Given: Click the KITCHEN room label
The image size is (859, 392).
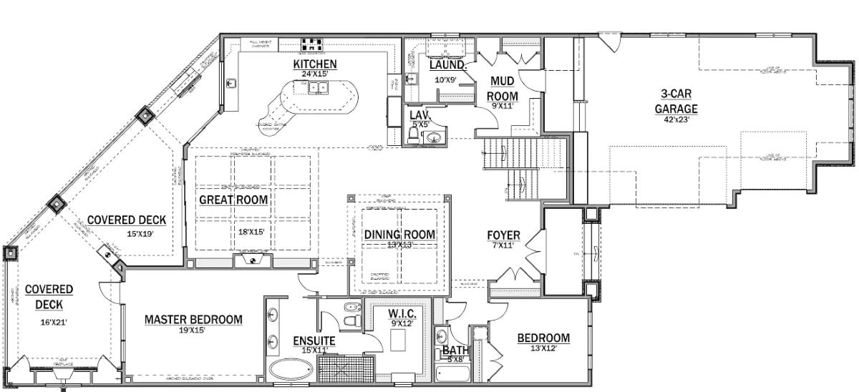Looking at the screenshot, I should (314, 64).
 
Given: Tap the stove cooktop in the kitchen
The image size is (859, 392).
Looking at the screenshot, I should (312, 44).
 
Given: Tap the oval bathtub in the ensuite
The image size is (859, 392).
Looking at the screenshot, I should (291, 371).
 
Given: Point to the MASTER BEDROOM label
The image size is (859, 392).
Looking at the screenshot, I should (193, 319).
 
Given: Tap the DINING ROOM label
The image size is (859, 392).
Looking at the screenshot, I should (399, 234).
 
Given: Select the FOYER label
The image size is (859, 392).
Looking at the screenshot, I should (503, 235).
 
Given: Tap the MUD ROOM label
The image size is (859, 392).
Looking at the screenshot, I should (503, 89).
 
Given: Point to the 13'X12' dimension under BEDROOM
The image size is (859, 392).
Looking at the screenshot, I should (543, 348).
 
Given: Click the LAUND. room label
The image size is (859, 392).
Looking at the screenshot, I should (447, 65).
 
